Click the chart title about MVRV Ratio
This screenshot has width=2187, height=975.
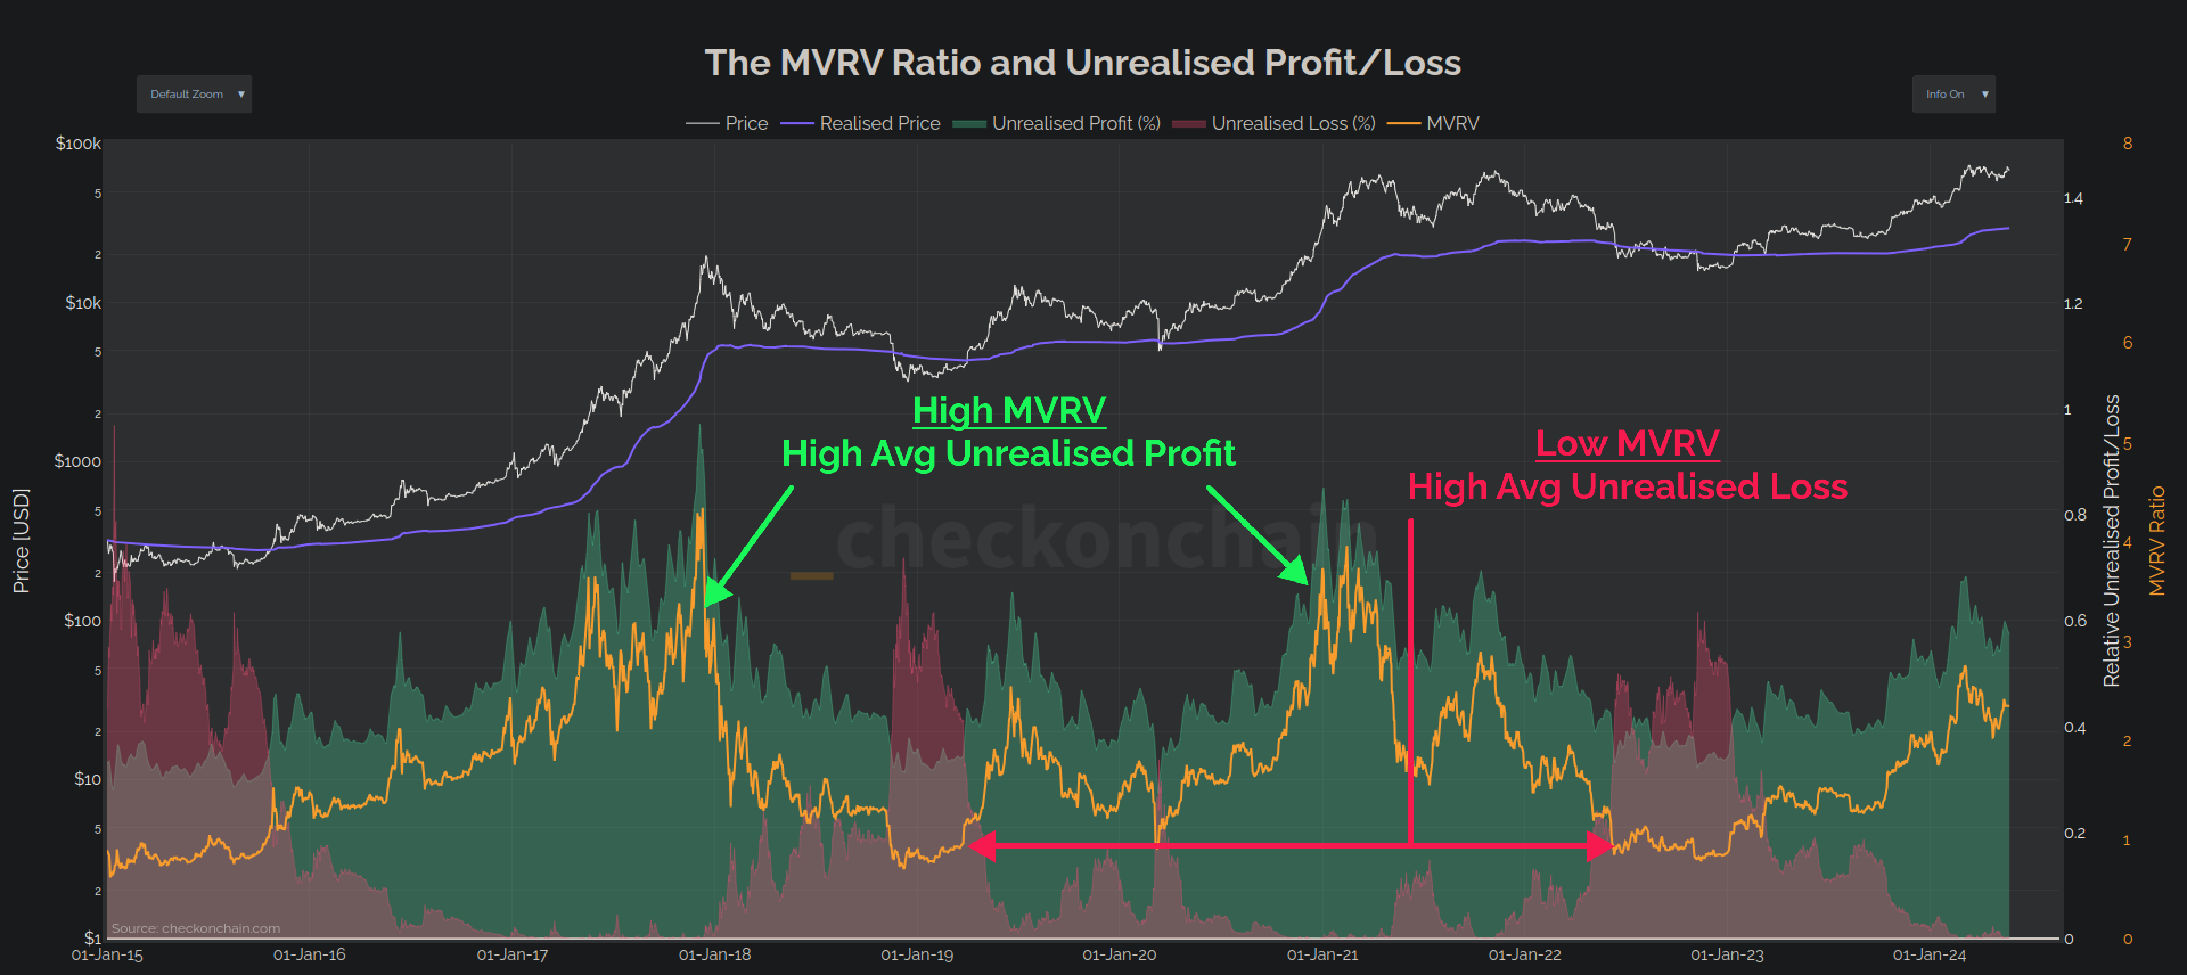tap(1083, 62)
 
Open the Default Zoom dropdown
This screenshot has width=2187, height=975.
tap(194, 95)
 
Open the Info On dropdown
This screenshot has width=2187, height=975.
tap(1953, 95)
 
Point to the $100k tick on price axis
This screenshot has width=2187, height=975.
tap(77, 144)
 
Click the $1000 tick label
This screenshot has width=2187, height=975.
tap(77, 461)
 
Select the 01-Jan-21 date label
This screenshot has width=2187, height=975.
tap(1322, 954)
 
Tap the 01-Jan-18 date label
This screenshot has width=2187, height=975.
tap(714, 954)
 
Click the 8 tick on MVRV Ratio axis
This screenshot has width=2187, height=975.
tap(2127, 144)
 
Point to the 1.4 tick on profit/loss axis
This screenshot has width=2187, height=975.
tap(2073, 199)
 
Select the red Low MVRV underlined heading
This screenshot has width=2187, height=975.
tap(1627, 443)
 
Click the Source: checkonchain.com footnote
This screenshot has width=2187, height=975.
tap(195, 928)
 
